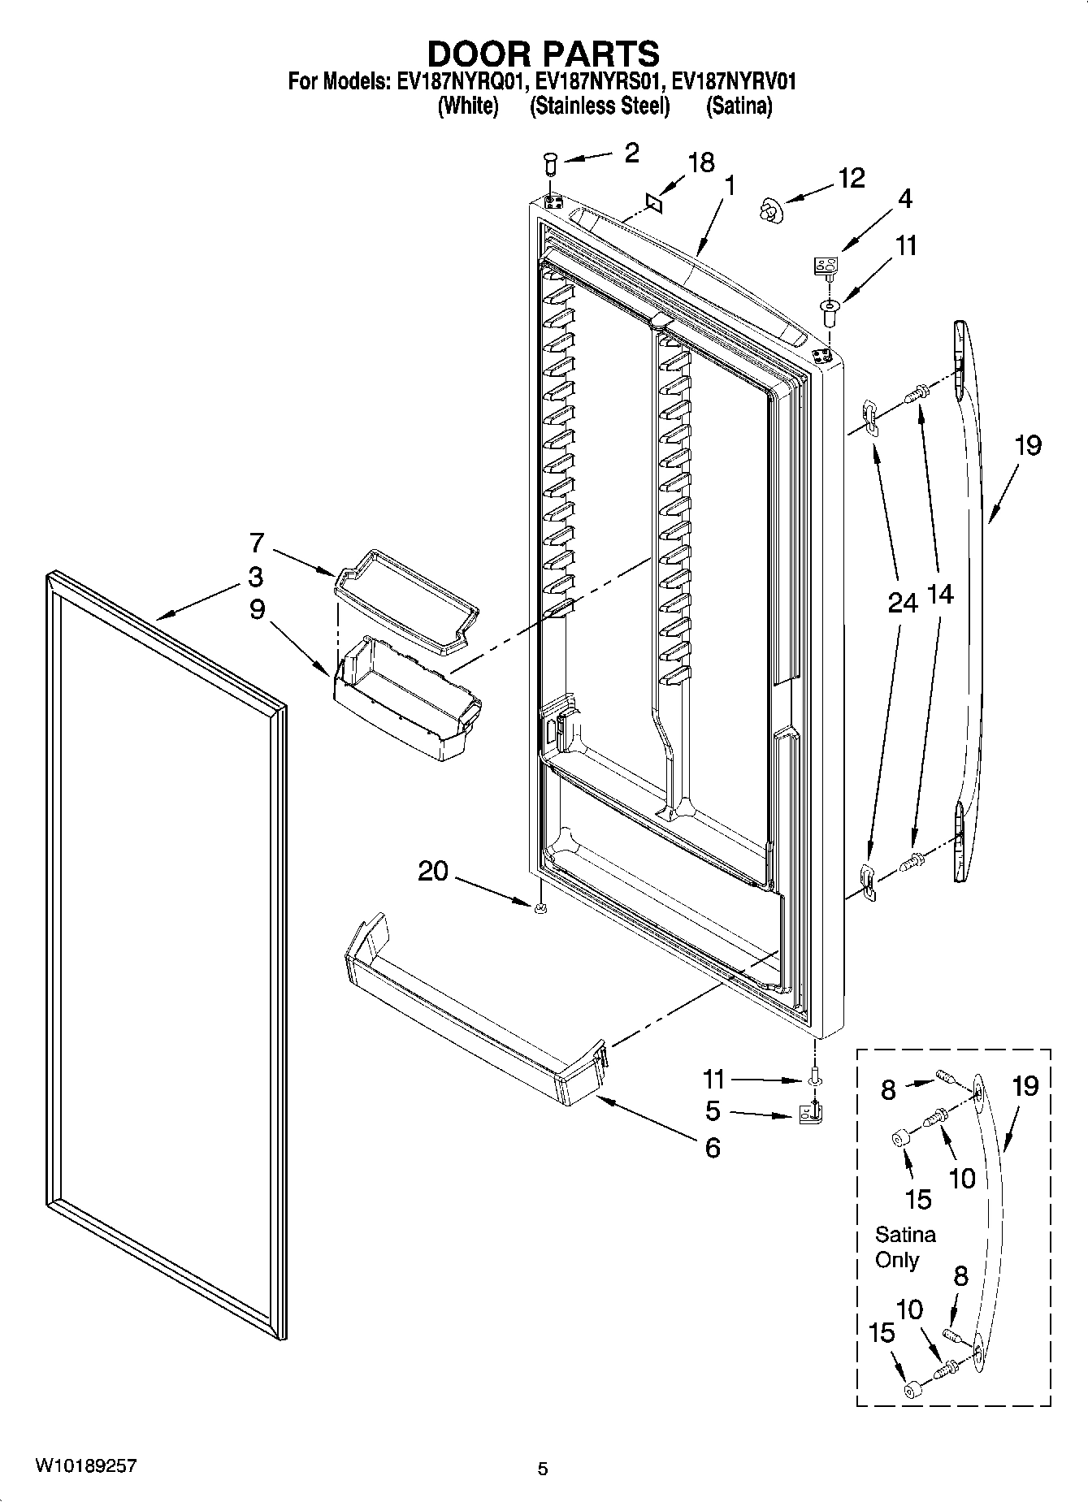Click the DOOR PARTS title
pos(543,54)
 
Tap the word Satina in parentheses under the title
pos(738,106)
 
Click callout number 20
pos(432,872)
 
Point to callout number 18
pos(700,162)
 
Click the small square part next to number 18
pos(654,201)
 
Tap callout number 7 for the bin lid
pos(257,542)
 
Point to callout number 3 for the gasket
pos(255,577)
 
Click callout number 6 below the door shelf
pos(712,1147)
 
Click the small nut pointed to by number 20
pos(540,909)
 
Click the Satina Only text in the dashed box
pos(904,1247)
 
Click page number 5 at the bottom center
pos(543,1468)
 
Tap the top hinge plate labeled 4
pos(826,266)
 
